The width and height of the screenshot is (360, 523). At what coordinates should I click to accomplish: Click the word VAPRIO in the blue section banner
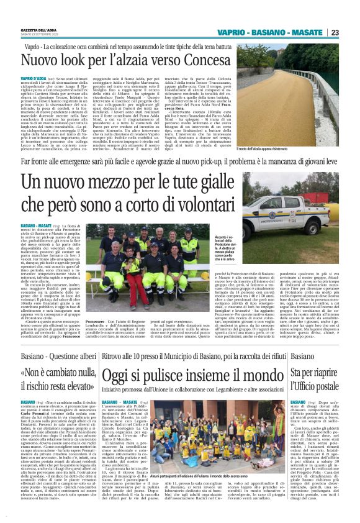pos(236,32)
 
